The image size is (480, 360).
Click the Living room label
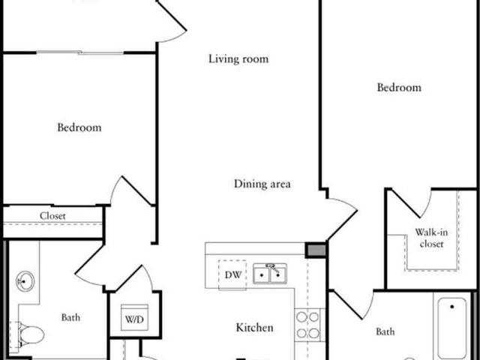point(238,58)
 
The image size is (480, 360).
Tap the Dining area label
point(262,184)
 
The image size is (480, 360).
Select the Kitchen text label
point(254,328)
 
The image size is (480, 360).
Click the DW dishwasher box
point(232,274)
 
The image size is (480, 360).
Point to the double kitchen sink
point(270,274)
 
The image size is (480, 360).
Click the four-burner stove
point(307,325)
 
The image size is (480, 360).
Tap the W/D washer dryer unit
point(134,317)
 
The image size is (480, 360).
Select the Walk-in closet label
point(431,238)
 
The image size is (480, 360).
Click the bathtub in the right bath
point(451,328)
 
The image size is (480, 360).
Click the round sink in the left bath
point(25,281)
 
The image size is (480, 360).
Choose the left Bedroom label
point(79,127)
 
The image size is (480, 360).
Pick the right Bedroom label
point(399,88)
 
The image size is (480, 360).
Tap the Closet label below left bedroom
point(52,216)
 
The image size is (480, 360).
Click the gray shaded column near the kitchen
point(316,250)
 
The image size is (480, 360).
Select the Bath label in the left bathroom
point(70,317)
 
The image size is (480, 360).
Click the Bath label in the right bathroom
point(385,331)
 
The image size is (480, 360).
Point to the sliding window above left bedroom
point(80,52)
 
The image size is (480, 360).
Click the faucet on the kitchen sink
point(272,267)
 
